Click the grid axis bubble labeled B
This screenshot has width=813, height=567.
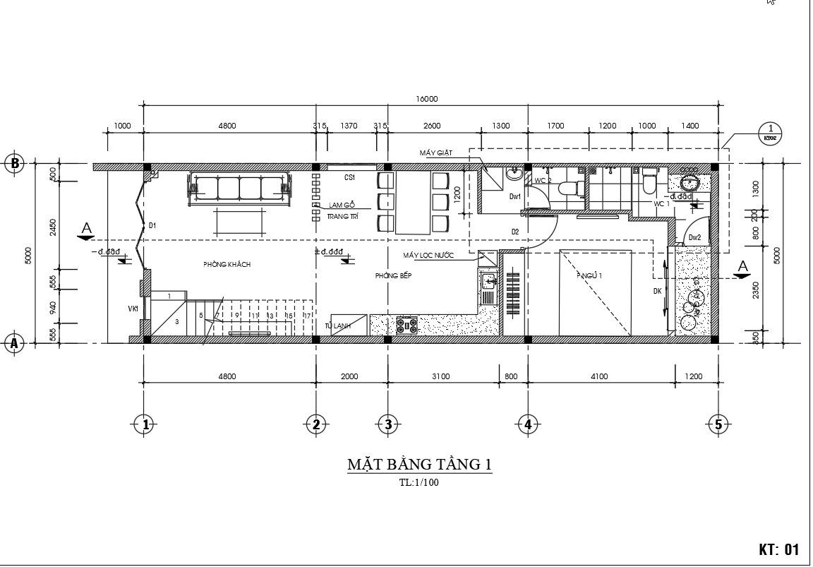click(14, 163)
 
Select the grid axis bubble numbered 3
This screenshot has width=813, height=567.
click(387, 424)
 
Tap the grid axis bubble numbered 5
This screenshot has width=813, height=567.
click(718, 424)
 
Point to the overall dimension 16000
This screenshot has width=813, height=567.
click(427, 100)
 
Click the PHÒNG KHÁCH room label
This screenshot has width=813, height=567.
click(227, 264)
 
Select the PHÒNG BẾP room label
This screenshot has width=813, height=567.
click(393, 276)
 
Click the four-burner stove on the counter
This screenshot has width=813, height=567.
click(407, 326)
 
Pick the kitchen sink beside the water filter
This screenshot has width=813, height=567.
click(488, 285)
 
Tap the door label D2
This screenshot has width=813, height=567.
click(515, 232)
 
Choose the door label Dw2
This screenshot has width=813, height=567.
click(694, 238)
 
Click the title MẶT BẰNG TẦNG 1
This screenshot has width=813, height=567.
click(419, 465)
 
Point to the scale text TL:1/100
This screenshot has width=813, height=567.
click(419, 484)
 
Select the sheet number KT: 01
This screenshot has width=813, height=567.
click(778, 549)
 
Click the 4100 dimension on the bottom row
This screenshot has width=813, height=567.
click(598, 376)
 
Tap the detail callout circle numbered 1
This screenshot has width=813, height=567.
click(770, 132)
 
